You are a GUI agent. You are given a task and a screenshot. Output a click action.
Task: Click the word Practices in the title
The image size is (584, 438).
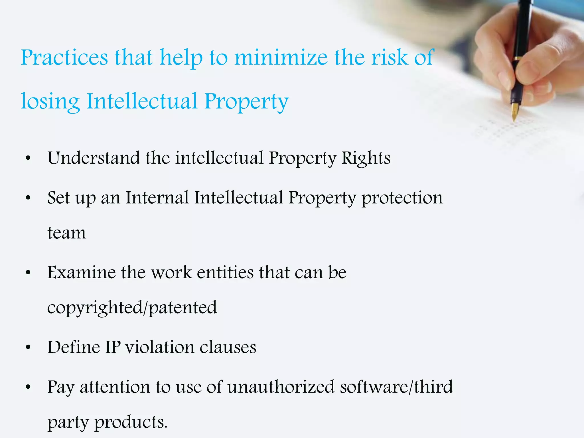[x=64, y=58]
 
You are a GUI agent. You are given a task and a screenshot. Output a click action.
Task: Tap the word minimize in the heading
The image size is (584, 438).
[x=281, y=58]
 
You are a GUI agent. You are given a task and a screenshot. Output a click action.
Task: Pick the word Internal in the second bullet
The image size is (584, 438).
[x=157, y=198]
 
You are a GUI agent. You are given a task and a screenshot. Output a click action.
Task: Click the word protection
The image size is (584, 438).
[x=402, y=198]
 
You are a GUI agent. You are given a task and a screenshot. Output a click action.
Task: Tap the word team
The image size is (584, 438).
[x=66, y=233]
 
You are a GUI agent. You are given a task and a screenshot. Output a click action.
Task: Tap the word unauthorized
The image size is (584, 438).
[x=281, y=387]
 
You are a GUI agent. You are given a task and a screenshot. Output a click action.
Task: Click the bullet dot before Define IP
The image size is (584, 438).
[x=28, y=348]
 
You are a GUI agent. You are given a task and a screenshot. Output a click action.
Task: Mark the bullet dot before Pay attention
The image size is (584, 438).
[x=28, y=388]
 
